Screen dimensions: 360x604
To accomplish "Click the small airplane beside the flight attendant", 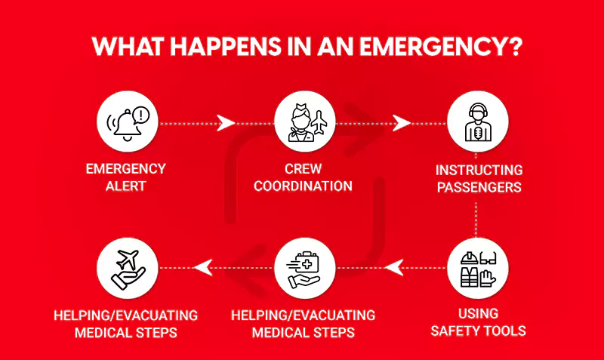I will click(x=319, y=120).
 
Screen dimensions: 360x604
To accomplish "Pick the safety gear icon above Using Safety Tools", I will click(x=476, y=268).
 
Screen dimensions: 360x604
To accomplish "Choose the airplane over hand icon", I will click(x=128, y=269).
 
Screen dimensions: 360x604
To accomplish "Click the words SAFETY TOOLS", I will click(x=477, y=330).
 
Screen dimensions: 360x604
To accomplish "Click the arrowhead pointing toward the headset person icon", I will click(x=403, y=122).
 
